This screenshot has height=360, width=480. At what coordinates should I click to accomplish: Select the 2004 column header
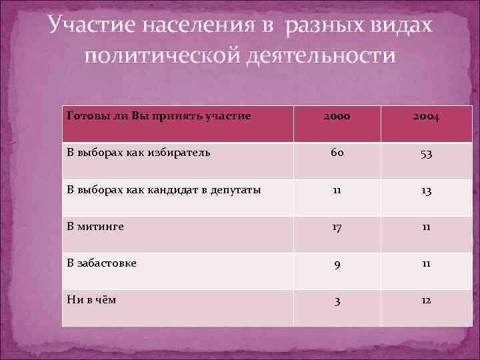coord(425,117)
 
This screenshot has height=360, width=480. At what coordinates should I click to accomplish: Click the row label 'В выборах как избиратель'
coord(139,152)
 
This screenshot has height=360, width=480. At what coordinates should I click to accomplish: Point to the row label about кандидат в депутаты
coord(164,189)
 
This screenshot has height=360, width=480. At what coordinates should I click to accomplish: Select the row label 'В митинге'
coord(95,226)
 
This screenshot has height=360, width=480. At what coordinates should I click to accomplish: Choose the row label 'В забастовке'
coord(102,263)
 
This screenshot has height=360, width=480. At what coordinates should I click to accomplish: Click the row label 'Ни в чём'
coord(92,299)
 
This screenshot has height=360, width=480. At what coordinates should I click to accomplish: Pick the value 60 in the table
coord(337,154)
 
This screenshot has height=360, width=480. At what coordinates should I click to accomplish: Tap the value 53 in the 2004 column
coord(425,155)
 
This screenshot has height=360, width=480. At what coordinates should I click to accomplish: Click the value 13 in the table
coord(425,191)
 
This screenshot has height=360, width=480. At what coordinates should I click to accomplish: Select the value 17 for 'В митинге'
coord(337,228)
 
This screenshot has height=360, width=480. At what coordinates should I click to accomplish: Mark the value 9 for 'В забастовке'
coord(337,265)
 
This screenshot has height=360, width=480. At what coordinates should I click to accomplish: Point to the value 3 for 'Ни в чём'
coord(337,301)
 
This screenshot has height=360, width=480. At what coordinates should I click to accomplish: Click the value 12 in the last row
coord(425,301)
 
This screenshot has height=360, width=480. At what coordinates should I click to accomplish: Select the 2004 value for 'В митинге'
coord(425,228)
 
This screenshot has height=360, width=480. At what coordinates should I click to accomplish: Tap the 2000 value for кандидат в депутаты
coord(337,191)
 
